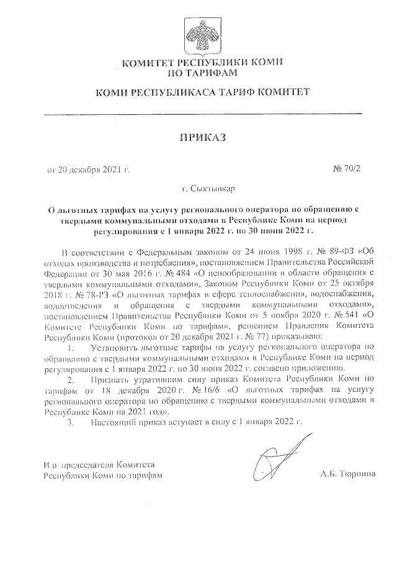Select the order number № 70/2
click(344, 170)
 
